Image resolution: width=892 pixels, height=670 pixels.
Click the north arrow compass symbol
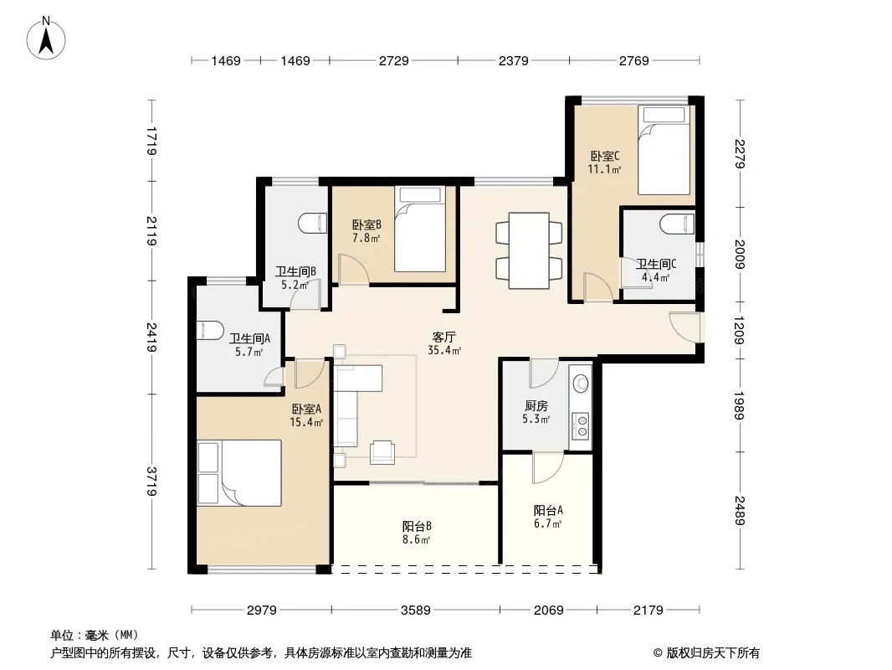(46, 39)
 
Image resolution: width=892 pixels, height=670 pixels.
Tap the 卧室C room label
(604, 156)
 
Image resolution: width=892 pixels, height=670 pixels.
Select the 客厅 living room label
(443, 338)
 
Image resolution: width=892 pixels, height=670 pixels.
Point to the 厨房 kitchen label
(536, 406)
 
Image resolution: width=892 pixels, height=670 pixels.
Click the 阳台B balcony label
(417, 527)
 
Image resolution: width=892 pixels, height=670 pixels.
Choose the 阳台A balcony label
(548, 511)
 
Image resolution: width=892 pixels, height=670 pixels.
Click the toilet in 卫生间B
(313, 223)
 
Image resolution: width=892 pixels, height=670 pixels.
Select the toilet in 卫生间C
(678, 224)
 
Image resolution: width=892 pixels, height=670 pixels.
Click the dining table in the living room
(529, 250)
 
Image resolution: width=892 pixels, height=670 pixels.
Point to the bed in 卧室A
(239, 472)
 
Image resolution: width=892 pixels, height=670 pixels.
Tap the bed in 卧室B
(420, 229)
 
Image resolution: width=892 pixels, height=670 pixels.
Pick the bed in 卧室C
(664, 150)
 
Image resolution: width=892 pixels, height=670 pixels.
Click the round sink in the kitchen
(581, 383)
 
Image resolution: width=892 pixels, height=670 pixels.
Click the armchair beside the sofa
(382, 452)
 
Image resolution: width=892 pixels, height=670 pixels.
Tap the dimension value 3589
(415, 611)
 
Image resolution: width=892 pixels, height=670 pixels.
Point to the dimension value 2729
(393, 60)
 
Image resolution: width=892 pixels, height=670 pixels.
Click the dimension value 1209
(740, 330)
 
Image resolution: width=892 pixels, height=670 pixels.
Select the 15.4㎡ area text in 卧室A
(306, 422)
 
